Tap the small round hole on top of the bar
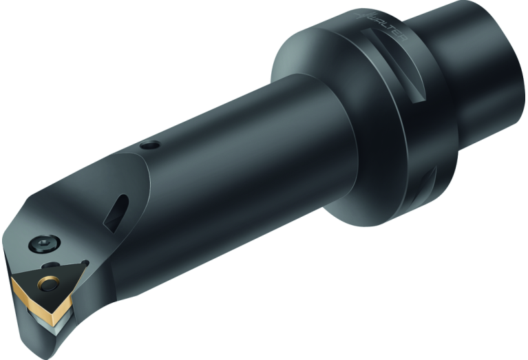pos(148,146)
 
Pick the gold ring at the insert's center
pos(49,282)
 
